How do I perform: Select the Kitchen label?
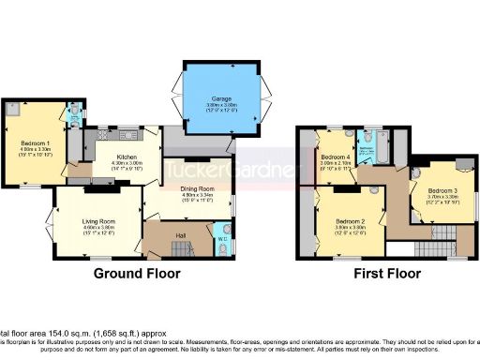tap(127, 157)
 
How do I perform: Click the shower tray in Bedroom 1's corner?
tap(11, 111)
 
